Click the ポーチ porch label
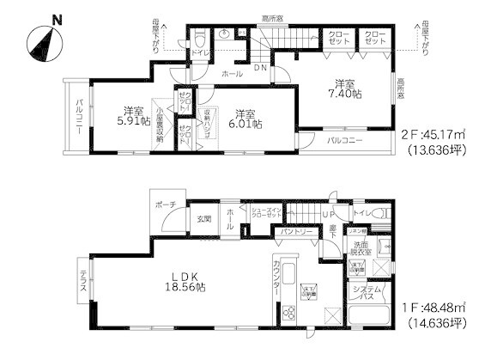(167, 204)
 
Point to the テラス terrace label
(82, 279)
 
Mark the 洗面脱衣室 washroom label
(361, 248)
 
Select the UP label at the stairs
(329, 212)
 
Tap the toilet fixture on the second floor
(198, 39)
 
